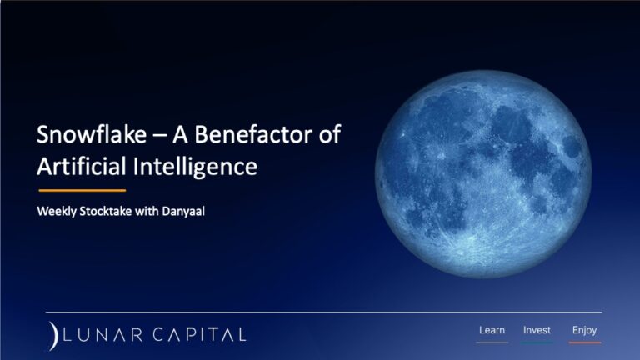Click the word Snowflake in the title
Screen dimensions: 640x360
[x=92, y=134]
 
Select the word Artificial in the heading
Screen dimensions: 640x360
[x=82, y=166]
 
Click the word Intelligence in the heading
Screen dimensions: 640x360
[x=195, y=167]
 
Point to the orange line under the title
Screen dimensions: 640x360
[x=82, y=190]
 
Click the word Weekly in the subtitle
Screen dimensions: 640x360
[x=57, y=212]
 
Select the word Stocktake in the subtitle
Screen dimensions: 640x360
[x=106, y=211]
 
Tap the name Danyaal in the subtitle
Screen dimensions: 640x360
[x=183, y=212]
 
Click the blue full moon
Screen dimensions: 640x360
[x=483, y=174]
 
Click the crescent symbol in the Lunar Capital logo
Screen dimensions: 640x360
[x=53, y=336]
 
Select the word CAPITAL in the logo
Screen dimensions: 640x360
[x=200, y=335]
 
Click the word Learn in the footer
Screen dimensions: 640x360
[x=492, y=330]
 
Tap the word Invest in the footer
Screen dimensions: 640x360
[x=537, y=330]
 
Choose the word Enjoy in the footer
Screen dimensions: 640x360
[x=584, y=330]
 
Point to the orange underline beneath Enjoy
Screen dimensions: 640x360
[x=585, y=342]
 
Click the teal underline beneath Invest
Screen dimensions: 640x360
[x=537, y=342]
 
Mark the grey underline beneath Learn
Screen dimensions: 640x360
[x=492, y=342]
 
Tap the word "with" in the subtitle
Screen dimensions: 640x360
[x=147, y=211]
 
